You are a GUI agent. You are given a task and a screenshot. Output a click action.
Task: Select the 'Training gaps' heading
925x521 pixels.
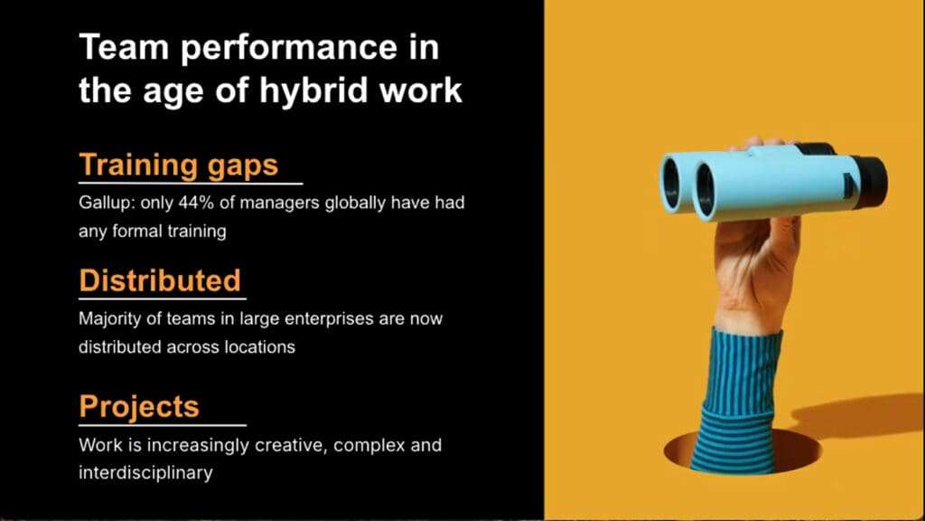coord(179,165)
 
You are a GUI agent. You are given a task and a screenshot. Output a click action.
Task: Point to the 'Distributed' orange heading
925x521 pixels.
coord(160,280)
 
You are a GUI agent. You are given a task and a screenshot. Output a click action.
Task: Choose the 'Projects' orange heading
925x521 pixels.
coord(139,406)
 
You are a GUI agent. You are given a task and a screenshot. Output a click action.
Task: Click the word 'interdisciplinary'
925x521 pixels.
coord(145,472)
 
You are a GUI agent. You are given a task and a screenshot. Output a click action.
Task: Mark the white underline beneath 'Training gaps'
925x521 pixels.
coord(191,184)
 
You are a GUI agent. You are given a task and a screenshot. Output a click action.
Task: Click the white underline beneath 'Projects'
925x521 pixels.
coord(163,425)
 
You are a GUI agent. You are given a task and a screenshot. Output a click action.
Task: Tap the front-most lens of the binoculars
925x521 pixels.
coord(705,190)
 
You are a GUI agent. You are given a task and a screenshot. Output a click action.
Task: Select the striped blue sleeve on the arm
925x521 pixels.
coord(738,402)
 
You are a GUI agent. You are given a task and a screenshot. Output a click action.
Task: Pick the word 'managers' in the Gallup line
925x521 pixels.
coord(279,204)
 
